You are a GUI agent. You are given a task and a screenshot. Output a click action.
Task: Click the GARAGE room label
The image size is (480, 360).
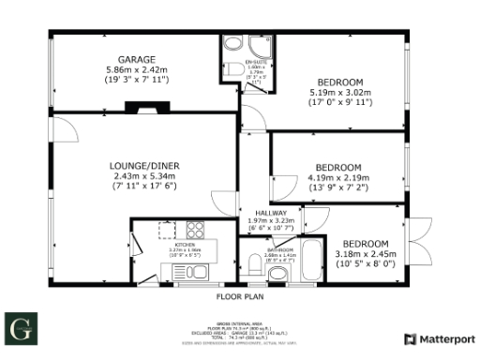[136, 59]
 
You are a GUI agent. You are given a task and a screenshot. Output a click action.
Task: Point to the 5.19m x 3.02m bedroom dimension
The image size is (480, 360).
[341, 92]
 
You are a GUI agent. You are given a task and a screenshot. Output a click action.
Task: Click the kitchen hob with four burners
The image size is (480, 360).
[196, 230]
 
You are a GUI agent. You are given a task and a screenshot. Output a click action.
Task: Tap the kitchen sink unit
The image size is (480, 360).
[176, 272]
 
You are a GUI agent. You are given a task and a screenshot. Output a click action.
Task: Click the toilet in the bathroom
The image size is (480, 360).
[277, 274]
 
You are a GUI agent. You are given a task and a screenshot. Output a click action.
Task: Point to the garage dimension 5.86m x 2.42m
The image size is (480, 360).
[136, 69]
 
